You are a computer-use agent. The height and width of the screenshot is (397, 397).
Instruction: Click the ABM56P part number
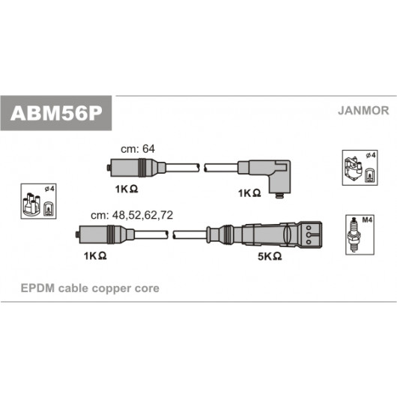[x=56, y=113]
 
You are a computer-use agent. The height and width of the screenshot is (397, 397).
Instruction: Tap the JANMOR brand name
[x=363, y=111]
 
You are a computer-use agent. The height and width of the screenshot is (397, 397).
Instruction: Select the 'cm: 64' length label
[x=138, y=149]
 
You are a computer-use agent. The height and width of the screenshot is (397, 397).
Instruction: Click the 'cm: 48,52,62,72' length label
[x=132, y=215]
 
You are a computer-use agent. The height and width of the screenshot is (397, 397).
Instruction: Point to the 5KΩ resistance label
[x=270, y=256]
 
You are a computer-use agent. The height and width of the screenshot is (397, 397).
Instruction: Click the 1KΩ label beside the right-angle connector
[x=249, y=193]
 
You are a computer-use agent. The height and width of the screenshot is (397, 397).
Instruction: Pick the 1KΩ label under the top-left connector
[x=127, y=189]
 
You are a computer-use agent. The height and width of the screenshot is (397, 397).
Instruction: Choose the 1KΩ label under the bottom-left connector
[x=95, y=256]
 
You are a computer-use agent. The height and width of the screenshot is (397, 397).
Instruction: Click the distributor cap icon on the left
[x=31, y=205]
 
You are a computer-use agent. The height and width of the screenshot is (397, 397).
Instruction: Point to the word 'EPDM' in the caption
[x=37, y=288]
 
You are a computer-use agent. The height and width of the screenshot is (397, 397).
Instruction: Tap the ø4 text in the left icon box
[x=49, y=189]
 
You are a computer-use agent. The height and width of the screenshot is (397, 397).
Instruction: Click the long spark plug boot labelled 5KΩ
[x=264, y=234]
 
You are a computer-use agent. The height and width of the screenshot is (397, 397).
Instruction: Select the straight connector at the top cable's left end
[x=136, y=168]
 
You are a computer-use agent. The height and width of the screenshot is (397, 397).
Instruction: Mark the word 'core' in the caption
[x=147, y=288]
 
